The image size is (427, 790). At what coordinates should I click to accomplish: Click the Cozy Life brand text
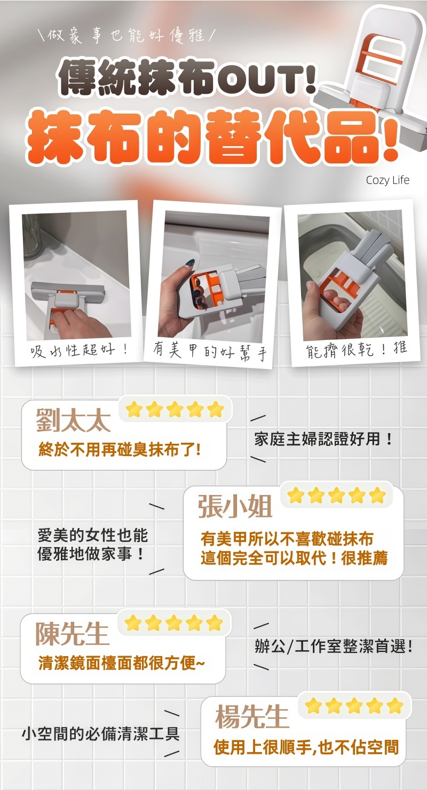[388, 180]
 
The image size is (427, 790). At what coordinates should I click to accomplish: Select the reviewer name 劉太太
[74, 420]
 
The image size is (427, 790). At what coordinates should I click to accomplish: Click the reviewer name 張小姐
[235, 506]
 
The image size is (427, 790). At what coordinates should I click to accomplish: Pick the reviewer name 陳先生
[72, 634]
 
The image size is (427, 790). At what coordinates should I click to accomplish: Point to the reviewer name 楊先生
[252, 716]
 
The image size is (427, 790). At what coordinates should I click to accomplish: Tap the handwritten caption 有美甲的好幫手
[210, 352]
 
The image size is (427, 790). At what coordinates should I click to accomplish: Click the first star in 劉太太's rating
[134, 410]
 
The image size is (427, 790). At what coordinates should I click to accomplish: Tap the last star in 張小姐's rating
[377, 495]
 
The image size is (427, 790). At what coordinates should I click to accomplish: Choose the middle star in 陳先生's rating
[173, 623]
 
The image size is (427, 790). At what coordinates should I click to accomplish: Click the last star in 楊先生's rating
[395, 706]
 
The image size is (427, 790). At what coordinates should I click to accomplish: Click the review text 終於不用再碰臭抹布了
[120, 450]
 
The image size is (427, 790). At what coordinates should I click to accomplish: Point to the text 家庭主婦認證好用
[323, 439]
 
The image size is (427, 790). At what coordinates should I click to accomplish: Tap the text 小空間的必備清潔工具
[100, 734]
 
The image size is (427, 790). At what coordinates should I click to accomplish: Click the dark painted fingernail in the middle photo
[190, 263]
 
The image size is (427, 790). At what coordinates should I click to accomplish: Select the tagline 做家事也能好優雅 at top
[126, 36]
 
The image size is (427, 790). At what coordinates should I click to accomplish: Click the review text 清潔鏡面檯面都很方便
[121, 663]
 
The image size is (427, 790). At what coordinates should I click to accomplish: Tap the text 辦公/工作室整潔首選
[334, 647]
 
